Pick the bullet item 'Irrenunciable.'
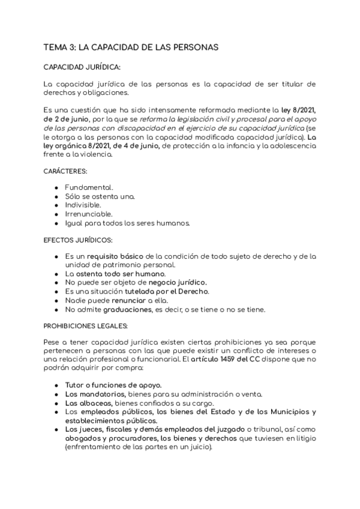click(89, 214)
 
